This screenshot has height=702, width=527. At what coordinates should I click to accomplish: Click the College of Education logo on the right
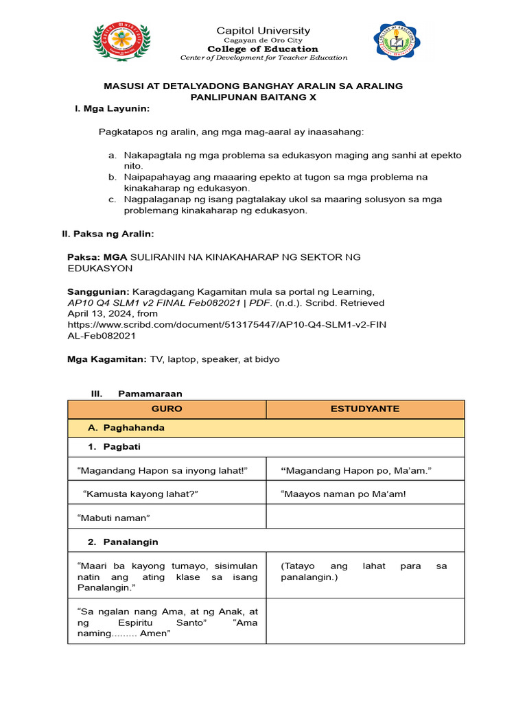(x=397, y=42)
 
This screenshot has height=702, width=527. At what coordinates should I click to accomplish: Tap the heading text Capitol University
(x=263, y=31)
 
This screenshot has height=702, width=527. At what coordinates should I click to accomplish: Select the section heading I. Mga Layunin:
(x=112, y=108)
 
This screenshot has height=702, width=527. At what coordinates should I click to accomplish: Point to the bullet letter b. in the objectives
(x=113, y=177)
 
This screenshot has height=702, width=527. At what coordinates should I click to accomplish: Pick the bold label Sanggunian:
(x=98, y=291)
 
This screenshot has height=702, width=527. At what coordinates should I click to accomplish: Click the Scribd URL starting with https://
(x=226, y=324)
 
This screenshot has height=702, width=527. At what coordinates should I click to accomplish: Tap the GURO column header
(x=167, y=409)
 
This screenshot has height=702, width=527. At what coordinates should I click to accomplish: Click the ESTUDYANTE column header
(x=365, y=409)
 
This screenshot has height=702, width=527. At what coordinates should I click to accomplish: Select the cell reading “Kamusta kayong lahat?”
(x=145, y=494)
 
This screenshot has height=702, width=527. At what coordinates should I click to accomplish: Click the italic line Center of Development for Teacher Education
(x=263, y=58)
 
